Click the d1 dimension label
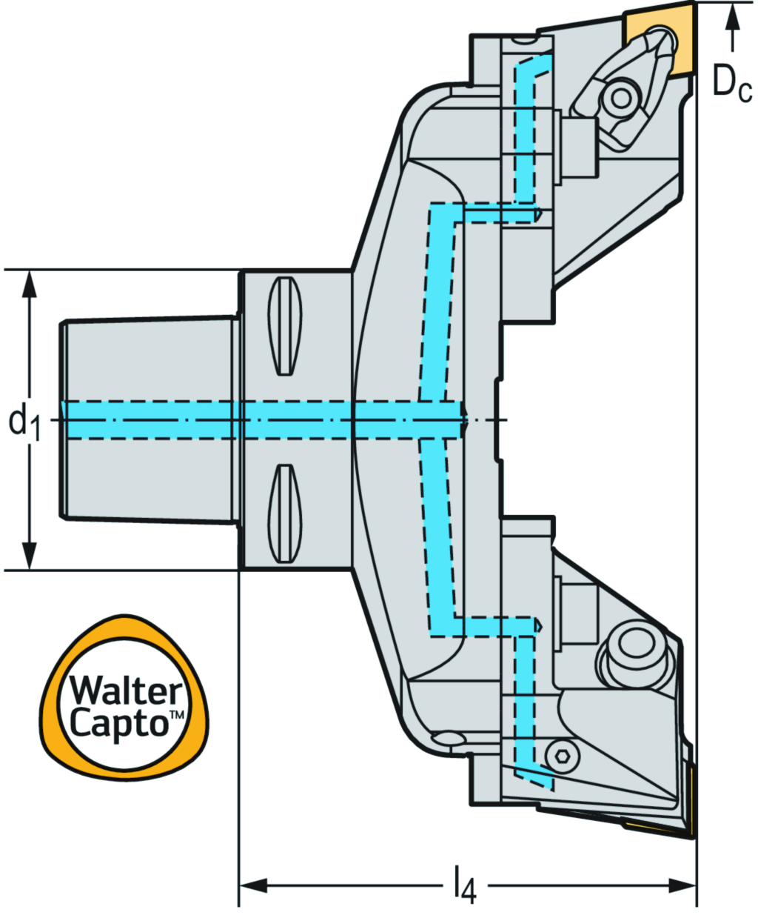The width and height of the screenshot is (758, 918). click(x=24, y=422)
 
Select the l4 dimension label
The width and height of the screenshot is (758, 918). click(x=464, y=885)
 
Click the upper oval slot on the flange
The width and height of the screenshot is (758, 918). click(x=285, y=326)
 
